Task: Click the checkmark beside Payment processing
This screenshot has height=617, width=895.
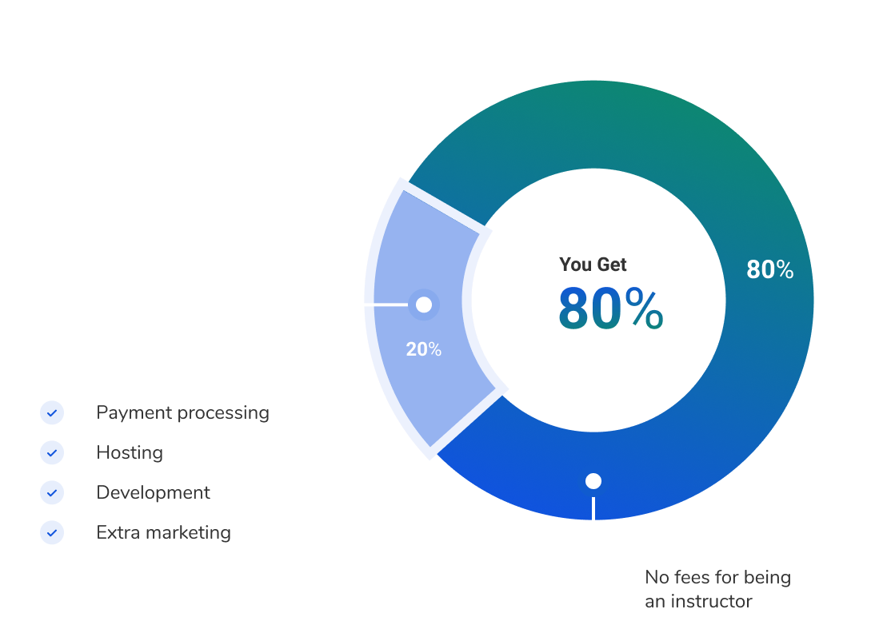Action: pos(52,413)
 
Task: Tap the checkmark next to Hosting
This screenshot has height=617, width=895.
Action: pos(52,453)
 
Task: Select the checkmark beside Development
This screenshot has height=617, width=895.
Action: pos(52,492)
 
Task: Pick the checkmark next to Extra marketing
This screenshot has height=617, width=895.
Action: pos(52,532)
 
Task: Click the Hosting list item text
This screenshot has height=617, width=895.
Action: pos(130,453)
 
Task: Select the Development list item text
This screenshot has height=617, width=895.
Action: pos(153,492)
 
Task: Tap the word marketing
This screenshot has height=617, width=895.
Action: pos(189,532)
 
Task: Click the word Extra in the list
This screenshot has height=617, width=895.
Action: pos(118,532)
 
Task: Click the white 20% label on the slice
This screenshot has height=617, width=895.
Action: pos(424,349)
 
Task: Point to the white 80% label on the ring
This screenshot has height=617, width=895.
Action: pos(770,269)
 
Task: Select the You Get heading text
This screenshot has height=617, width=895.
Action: pos(593,265)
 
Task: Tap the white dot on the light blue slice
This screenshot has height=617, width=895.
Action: pos(424,305)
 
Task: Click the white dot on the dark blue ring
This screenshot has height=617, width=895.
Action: pos(593,481)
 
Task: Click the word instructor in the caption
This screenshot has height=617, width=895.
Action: pos(711,601)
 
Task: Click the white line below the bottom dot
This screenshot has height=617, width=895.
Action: pos(593,508)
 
